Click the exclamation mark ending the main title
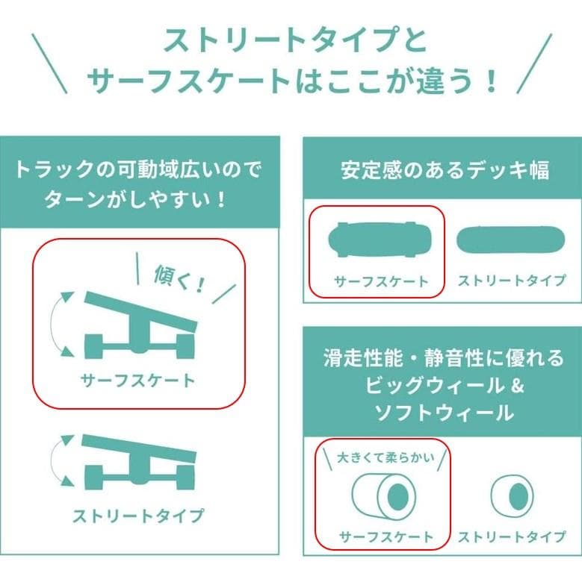(x=490, y=80)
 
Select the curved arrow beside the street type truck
(x=55, y=460)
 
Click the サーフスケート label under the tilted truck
(x=138, y=380)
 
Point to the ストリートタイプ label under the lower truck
(x=138, y=515)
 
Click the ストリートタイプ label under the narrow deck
(x=511, y=281)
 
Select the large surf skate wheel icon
(x=384, y=494)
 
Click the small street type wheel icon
(x=512, y=494)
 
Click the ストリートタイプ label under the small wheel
(x=511, y=536)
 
